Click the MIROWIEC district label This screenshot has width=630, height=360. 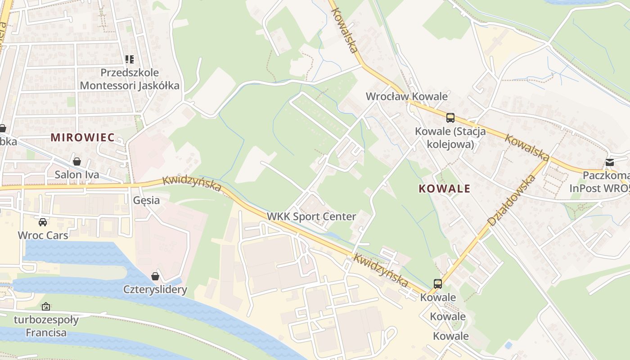pyautogui.click(x=82, y=137)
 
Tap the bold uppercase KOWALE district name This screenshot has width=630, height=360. pyautogui.click(x=444, y=189)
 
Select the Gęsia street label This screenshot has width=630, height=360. pyautogui.click(x=146, y=200)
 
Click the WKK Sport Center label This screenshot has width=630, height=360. pyautogui.click(x=311, y=216)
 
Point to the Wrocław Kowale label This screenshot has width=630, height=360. pyautogui.click(x=406, y=96)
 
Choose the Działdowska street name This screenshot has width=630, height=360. pyautogui.click(x=511, y=201)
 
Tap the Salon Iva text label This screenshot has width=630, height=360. pyautogui.click(x=77, y=175)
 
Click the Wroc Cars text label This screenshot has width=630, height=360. pyautogui.click(x=43, y=235)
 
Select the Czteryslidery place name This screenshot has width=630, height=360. pyautogui.click(x=155, y=289)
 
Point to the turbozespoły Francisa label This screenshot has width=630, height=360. pyautogui.click(x=46, y=327)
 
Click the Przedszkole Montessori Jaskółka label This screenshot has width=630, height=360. pyautogui.click(x=130, y=79)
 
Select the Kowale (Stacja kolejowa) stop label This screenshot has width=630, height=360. pyautogui.click(x=450, y=138)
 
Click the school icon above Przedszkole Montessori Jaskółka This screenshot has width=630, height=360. pyautogui.click(x=130, y=59)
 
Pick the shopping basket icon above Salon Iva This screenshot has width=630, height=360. pyautogui.click(x=77, y=161)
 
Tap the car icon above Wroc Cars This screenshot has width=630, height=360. pyautogui.click(x=43, y=222)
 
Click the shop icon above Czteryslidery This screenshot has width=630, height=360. pyautogui.click(x=155, y=276)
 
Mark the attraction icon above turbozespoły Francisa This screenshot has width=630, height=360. pyautogui.click(x=46, y=306)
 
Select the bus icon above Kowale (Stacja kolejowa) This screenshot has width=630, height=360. pyautogui.click(x=450, y=118)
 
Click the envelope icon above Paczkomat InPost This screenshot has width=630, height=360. pyautogui.click(x=610, y=162)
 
